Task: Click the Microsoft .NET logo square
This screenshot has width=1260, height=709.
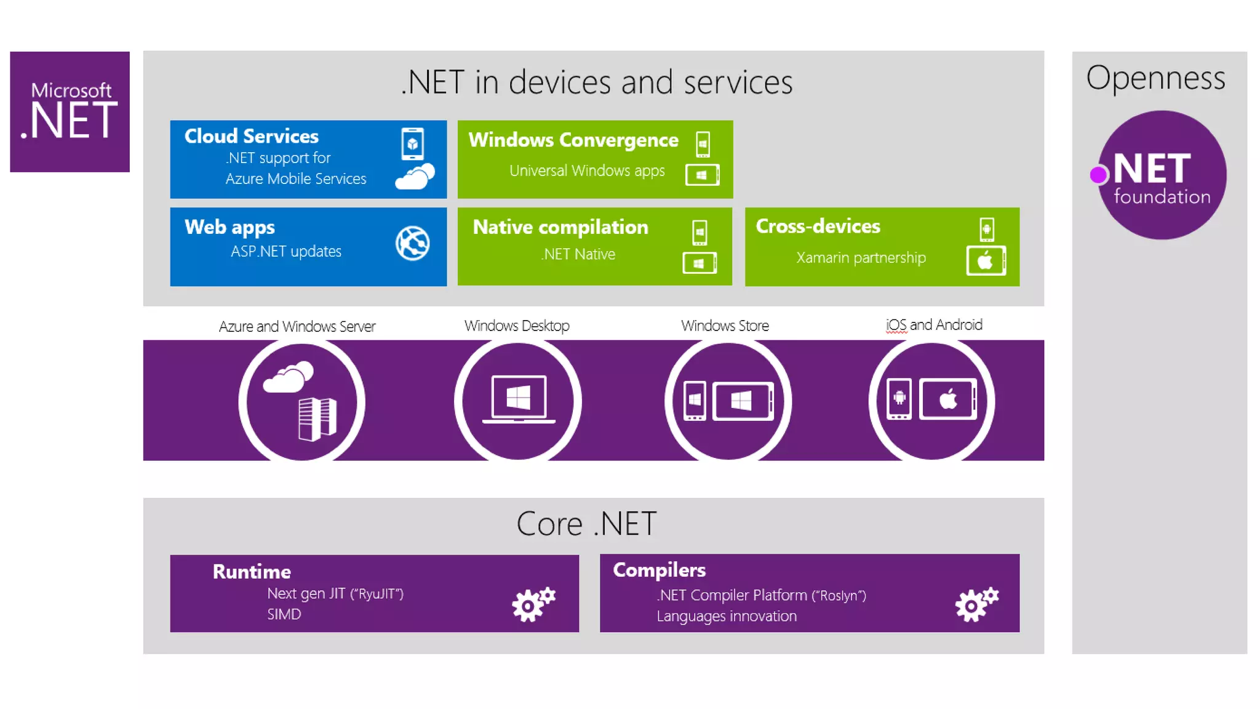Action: (70, 111)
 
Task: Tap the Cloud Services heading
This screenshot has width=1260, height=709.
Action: (251, 136)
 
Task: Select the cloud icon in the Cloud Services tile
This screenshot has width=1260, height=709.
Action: (415, 177)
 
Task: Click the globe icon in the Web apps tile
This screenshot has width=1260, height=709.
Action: (412, 243)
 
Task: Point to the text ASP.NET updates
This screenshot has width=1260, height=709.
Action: (285, 252)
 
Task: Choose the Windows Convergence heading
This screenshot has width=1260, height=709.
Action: (573, 140)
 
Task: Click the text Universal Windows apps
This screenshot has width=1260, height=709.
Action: (586, 170)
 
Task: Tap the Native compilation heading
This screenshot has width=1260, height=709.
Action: (560, 227)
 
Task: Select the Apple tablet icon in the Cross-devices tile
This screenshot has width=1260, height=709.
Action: (986, 261)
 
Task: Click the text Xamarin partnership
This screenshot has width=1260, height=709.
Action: (860, 258)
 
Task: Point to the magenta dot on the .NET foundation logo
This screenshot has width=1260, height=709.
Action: (1098, 175)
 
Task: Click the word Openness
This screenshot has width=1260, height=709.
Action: (1155, 79)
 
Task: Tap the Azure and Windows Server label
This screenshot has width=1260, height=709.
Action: (297, 326)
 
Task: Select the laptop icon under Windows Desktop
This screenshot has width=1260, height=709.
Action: (518, 399)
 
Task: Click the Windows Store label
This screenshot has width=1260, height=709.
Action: (724, 326)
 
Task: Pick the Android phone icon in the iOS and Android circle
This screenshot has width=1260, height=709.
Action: (899, 399)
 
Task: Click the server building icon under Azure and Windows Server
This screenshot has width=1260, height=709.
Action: (317, 419)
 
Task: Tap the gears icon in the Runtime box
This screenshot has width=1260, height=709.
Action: (533, 604)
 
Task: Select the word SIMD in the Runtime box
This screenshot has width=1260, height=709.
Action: (284, 614)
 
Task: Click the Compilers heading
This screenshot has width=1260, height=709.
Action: (658, 570)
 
